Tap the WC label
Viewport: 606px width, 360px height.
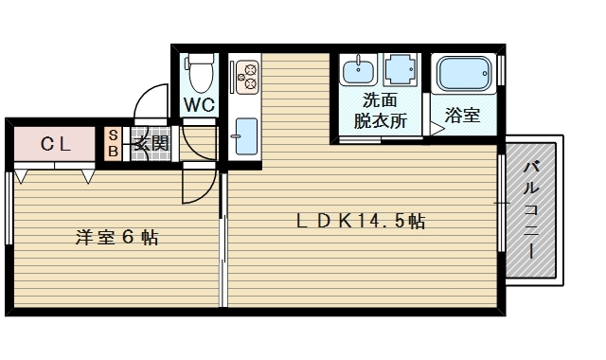pyautogui.click(x=199, y=104)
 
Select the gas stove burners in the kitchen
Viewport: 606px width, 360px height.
pyautogui.click(x=247, y=77)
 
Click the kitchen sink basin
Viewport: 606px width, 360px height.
pyautogui.click(x=246, y=136)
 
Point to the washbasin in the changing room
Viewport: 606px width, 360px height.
pyautogui.click(x=358, y=69)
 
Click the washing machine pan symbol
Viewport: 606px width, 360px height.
pyautogui.click(x=401, y=69)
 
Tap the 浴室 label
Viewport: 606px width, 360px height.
pyautogui.click(x=462, y=116)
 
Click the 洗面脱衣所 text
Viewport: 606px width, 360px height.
pyautogui.click(x=381, y=111)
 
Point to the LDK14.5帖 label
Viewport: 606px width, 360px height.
pyautogui.click(x=361, y=221)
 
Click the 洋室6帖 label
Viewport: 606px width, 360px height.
pyautogui.click(x=116, y=238)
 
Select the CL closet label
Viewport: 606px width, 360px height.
pyautogui.click(x=56, y=145)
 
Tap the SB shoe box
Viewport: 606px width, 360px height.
pyautogui.click(x=113, y=143)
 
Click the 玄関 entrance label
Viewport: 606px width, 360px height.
pyautogui.click(x=151, y=144)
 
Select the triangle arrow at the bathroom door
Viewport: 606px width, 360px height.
pyautogui.click(x=437, y=129)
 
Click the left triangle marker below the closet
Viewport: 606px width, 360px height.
pyautogui.click(x=21, y=176)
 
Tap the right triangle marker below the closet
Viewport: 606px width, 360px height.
pyautogui.click(x=88, y=176)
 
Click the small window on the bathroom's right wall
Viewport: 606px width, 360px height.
pyautogui.click(x=501, y=70)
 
